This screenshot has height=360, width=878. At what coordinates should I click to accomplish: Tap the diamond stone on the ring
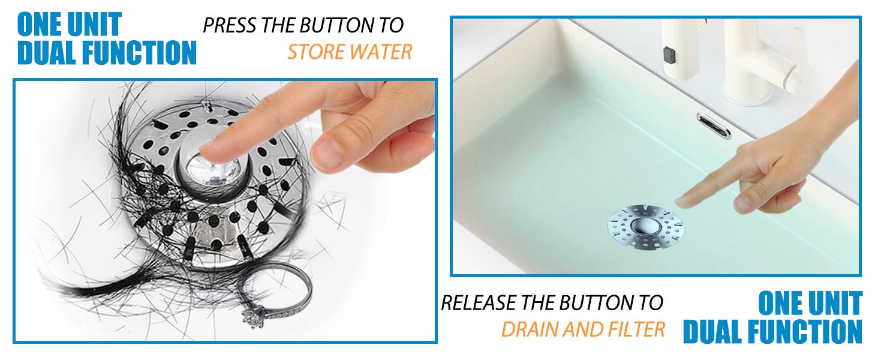254,316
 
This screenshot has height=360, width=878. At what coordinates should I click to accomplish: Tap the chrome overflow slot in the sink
714,125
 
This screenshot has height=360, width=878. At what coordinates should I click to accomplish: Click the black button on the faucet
669,55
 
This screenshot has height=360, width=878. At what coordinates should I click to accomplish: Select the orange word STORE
316,52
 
